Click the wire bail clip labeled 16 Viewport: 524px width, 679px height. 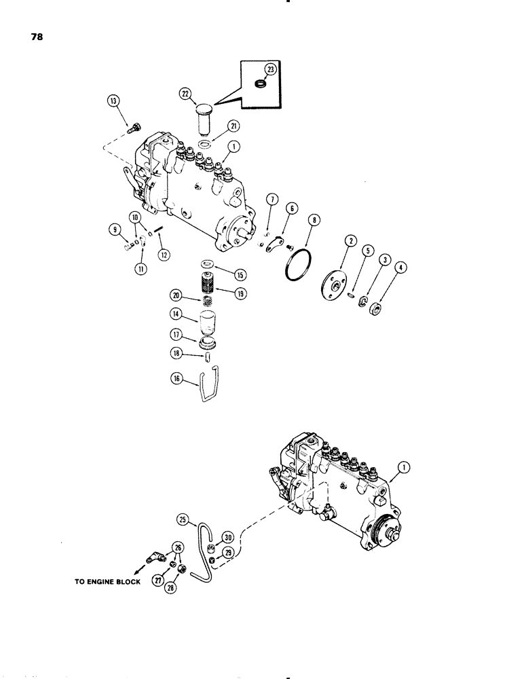click(208, 389)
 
